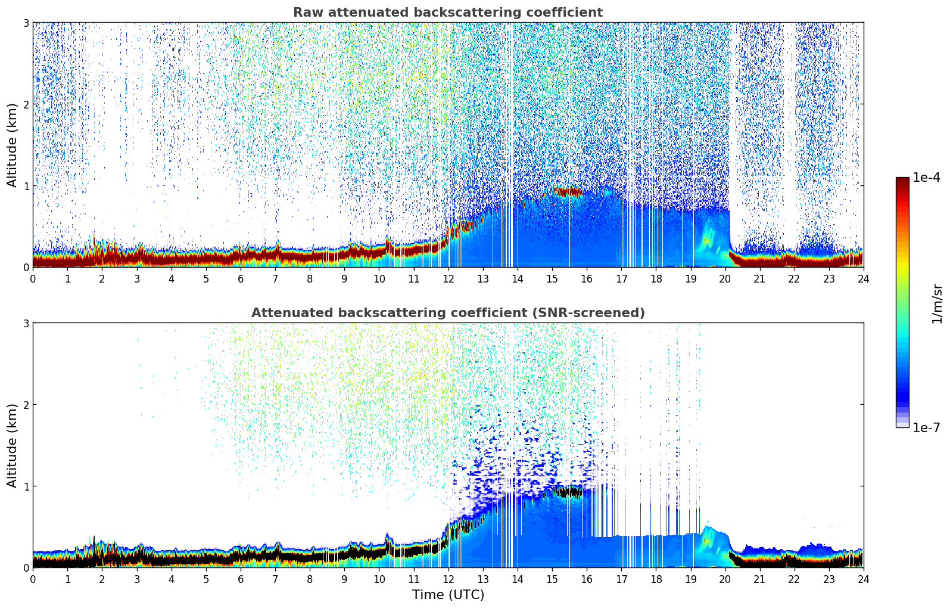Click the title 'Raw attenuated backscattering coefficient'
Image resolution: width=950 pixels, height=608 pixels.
tap(447, 13)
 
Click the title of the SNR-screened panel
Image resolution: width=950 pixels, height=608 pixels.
tap(447, 313)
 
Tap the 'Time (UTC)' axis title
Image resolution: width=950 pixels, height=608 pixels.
tap(448, 594)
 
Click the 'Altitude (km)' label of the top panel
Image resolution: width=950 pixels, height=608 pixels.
tap(13, 145)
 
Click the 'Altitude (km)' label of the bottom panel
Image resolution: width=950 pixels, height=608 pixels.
tap(13, 445)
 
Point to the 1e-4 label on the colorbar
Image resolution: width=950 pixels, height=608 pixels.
tap(926, 178)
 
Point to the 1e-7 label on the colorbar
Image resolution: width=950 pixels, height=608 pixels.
tap(926, 428)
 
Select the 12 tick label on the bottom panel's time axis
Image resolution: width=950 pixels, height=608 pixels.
tap(448, 579)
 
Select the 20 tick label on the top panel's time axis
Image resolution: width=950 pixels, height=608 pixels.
tap(725, 278)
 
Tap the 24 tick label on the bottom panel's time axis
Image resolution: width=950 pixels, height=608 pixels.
tap(863, 579)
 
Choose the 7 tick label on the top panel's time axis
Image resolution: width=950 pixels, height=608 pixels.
tap(275, 278)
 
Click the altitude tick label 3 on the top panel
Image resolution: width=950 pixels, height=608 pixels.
tap(26, 23)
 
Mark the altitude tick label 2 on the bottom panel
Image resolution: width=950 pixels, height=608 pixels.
tap(26, 405)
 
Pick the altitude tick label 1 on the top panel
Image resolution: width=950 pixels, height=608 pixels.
tap(26, 186)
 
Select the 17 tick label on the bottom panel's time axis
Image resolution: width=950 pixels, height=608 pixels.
tap(621, 579)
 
